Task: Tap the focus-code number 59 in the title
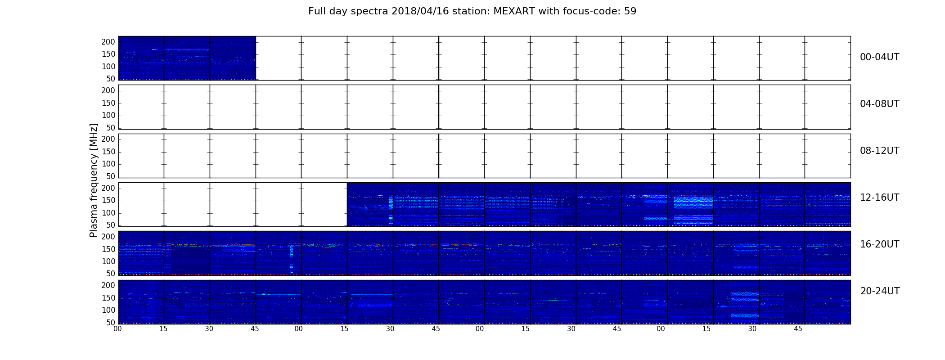630,11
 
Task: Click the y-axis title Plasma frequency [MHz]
94,180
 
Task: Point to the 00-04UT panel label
880,57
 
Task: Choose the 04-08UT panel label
880,104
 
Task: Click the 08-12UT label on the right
880,151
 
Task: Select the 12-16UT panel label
880,198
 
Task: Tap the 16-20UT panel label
880,244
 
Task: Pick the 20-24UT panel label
880,291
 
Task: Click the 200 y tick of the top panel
108,42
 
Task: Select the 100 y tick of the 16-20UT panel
108,261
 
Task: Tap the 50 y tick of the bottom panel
111,323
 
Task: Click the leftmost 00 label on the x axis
117,329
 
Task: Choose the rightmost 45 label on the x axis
798,329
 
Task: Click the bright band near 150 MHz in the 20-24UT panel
745,297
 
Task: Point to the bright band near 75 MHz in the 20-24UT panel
745,316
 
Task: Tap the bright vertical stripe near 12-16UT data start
391,210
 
